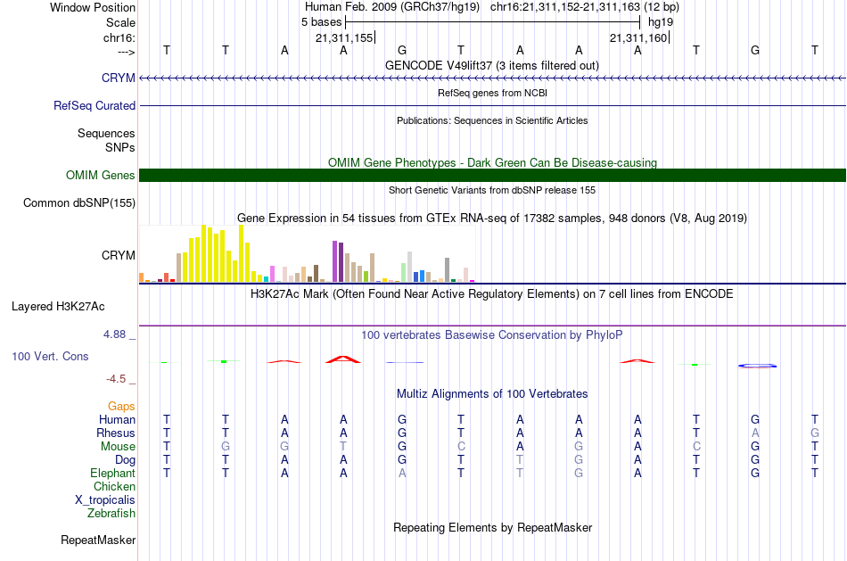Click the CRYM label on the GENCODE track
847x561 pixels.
[x=119, y=78]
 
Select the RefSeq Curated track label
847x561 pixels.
[x=95, y=105]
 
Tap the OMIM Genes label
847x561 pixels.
[x=101, y=175]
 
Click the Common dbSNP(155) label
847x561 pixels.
[x=79, y=202]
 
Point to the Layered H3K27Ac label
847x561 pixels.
[x=58, y=307]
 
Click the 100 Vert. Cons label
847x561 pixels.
[x=50, y=356]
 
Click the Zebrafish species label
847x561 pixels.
[x=111, y=513]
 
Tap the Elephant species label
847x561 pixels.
[x=113, y=473]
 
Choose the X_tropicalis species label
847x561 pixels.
[x=105, y=500]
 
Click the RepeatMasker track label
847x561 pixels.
[x=98, y=540]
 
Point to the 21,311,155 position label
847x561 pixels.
[x=345, y=37]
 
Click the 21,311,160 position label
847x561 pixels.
[x=639, y=37]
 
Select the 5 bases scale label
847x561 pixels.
[x=321, y=22]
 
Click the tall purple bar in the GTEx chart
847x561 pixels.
[x=335, y=261]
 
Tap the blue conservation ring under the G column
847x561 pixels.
[x=757, y=366]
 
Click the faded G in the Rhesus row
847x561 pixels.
[x=815, y=433]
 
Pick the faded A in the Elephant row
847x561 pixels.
[x=402, y=473]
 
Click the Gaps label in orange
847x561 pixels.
[x=121, y=407]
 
